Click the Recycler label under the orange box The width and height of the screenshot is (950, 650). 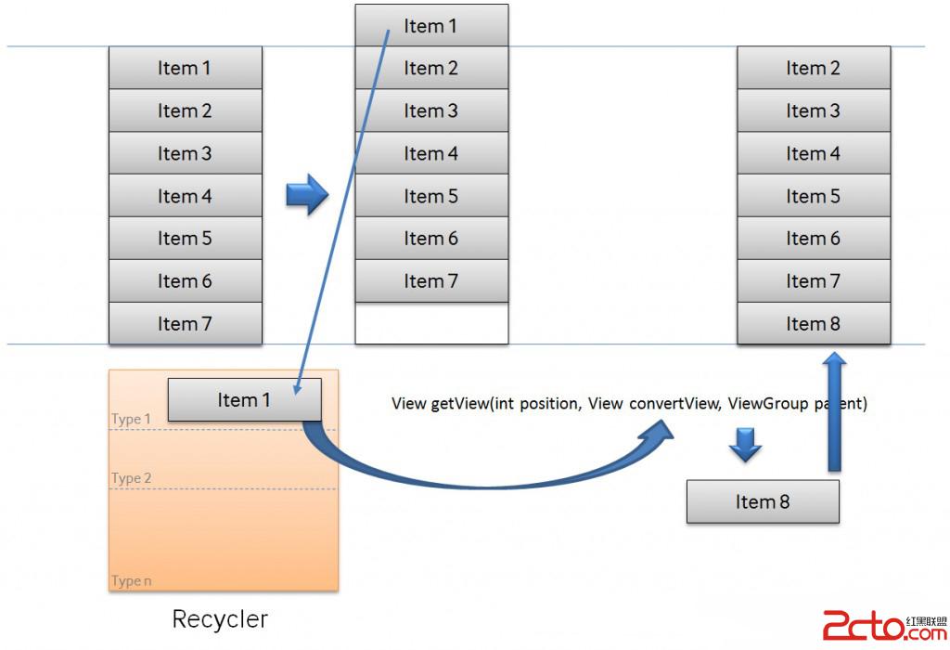pyautogui.click(x=220, y=618)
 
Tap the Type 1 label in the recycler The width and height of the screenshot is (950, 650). pyautogui.click(x=131, y=419)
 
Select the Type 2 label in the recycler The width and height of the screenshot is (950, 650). pyautogui.click(x=131, y=478)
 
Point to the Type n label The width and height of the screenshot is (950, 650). pyautogui.click(x=131, y=581)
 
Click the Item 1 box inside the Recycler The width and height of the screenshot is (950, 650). pyautogui.click(x=244, y=400)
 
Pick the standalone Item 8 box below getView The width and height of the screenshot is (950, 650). pyautogui.click(x=763, y=501)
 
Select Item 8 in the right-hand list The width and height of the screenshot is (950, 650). pyautogui.click(x=814, y=324)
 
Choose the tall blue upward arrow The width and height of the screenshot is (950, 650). pyautogui.click(x=836, y=409)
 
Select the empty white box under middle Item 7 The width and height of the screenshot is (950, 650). pyautogui.click(x=431, y=323)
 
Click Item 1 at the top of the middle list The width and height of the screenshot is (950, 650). pyautogui.click(x=431, y=26)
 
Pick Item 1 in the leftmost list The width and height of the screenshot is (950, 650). pyautogui.click(x=185, y=68)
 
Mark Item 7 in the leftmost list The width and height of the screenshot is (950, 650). pyautogui.click(x=185, y=324)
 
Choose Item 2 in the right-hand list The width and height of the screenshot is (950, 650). pyautogui.click(x=814, y=68)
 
